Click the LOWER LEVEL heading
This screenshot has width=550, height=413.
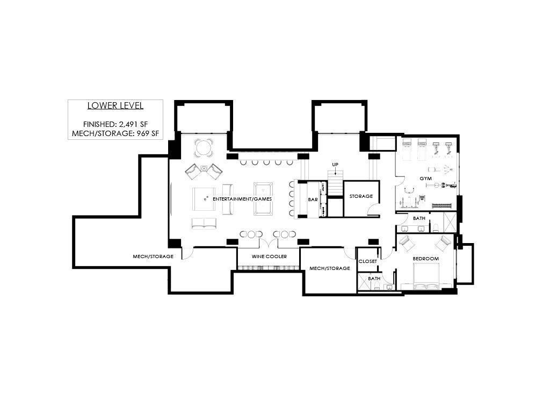[x=115, y=106]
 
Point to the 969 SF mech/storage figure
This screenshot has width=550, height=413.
[x=145, y=133]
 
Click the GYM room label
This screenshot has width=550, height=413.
[x=425, y=179]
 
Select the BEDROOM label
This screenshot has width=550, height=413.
[x=425, y=259]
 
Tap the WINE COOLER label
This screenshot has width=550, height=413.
[x=269, y=257]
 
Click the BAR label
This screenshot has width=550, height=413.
[x=313, y=200]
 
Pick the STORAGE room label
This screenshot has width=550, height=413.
[x=361, y=196]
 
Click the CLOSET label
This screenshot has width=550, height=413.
[x=367, y=261]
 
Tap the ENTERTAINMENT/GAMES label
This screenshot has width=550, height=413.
[x=242, y=199]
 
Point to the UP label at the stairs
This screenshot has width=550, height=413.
[x=335, y=165]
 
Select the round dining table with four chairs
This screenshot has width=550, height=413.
[x=204, y=148]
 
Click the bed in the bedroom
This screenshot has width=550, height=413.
[x=426, y=277]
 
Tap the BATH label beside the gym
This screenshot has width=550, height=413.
[x=419, y=218]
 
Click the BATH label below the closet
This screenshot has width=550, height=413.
[x=374, y=279]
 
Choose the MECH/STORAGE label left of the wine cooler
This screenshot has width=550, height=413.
[x=153, y=257]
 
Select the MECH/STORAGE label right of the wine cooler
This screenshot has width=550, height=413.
[x=329, y=268]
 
